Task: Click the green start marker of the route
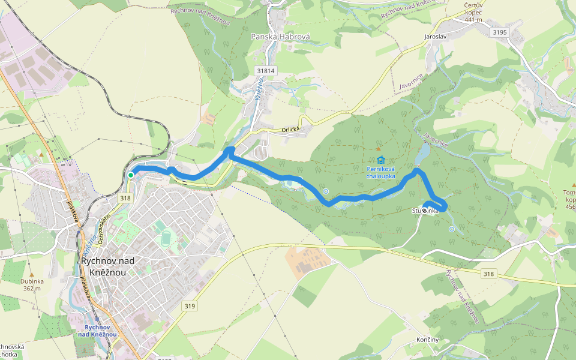pyautogui.click(x=130, y=175)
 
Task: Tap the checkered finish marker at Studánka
pyautogui.click(x=425, y=211)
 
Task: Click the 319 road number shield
pyautogui.click(x=190, y=306)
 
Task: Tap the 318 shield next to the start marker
pyautogui.click(x=125, y=199)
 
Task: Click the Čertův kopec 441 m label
pyautogui.click(x=473, y=12)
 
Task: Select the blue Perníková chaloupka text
pyautogui.click(x=380, y=173)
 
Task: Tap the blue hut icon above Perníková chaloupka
pyautogui.click(x=380, y=160)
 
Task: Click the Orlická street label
pyautogui.click(x=290, y=129)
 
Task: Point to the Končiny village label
pyautogui.click(x=428, y=340)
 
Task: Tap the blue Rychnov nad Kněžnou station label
pyautogui.click(x=97, y=331)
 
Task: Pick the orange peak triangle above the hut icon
pyautogui.click(x=378, y=148)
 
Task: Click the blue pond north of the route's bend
pyautogui.click(x=423, y=154)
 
